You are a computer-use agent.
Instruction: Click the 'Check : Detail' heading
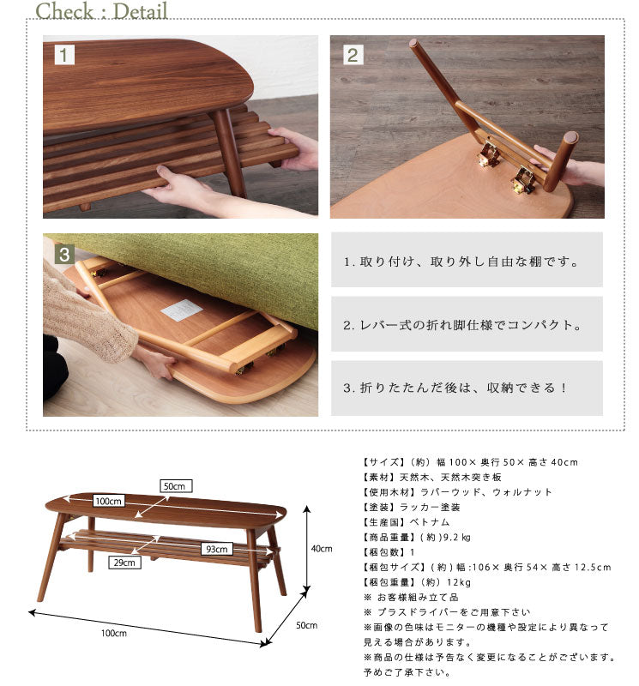point(102,11)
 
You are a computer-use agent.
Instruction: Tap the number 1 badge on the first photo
point(65,56)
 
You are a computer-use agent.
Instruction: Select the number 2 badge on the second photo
point(353,56)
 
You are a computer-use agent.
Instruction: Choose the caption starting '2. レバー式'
point(462,325)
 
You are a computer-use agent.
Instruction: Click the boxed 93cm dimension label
point(216,549)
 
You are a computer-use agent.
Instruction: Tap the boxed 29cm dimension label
point(125,563)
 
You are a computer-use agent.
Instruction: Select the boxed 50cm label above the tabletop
point(175,486)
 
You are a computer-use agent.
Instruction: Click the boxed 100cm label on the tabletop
point(109,501)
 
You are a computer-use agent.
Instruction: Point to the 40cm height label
point(321,549)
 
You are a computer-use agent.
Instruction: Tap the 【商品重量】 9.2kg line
point(417,538)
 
